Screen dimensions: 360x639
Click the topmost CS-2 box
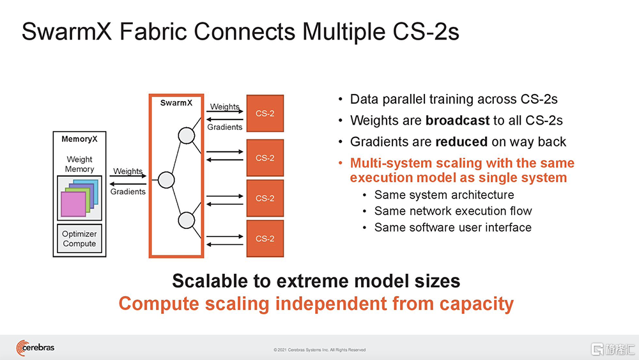265,114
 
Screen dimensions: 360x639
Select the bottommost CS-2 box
265,239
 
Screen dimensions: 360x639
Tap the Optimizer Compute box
79,239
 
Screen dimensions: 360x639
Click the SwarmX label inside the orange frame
176,103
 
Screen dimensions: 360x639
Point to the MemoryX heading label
79,139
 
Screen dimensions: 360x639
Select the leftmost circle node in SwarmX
166,180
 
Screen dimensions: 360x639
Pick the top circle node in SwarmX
187,136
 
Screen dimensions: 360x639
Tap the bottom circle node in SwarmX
187,221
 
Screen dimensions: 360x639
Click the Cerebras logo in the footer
36,348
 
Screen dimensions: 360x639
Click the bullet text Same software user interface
452,227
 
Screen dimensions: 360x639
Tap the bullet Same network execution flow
452,211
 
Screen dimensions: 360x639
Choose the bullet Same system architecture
443,194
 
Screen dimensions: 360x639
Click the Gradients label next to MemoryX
128,191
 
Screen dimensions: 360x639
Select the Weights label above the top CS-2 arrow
225,107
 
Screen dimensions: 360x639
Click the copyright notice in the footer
319,350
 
